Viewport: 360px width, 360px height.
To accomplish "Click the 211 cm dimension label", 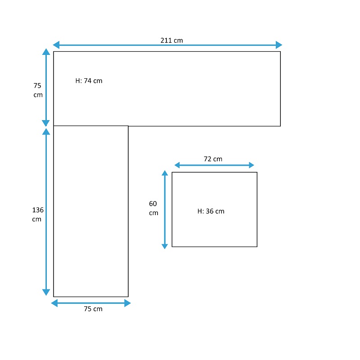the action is click(x=172, y=40).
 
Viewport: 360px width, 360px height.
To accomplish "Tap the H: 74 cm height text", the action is click(x=89, y=81).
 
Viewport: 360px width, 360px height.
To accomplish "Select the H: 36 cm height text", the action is click(x=211, y=211).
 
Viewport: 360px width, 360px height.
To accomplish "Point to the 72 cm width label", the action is click(x=213, y=159).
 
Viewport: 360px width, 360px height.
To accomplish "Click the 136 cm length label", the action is click(x=38, y=215).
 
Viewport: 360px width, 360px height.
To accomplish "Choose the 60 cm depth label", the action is click(x=153, y=208).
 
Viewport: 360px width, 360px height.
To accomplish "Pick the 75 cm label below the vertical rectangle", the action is click(x=93, y=309).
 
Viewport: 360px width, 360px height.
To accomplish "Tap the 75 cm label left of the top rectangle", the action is click(x=38, y=90).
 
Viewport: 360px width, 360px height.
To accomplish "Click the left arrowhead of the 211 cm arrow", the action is click(x=56, y=45).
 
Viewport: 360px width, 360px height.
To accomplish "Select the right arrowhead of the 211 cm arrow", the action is click(x=279, y=45).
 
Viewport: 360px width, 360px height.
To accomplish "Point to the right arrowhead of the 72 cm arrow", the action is click(x=252, y=165).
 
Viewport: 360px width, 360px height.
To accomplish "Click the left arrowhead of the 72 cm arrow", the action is click(x=177, y=165).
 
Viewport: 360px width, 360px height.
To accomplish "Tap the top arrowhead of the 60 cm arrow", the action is click(x=165, y=173).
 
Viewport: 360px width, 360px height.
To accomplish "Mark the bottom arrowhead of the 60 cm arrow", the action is click(x=165, y=246).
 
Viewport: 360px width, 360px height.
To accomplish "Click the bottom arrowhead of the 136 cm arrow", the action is click(x=46, y=292).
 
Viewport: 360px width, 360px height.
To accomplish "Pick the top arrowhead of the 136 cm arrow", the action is click(x=46, y=131).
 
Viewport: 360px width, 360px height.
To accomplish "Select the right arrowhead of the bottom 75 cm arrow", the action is click(x=127, y=303).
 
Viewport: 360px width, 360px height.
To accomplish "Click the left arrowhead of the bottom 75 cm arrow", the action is click(x=54, y=303).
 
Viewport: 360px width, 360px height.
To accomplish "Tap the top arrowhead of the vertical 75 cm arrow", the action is click(x=46, y=52).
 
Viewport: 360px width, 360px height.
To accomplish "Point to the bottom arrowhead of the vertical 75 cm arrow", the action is click(x=46, y=123).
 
